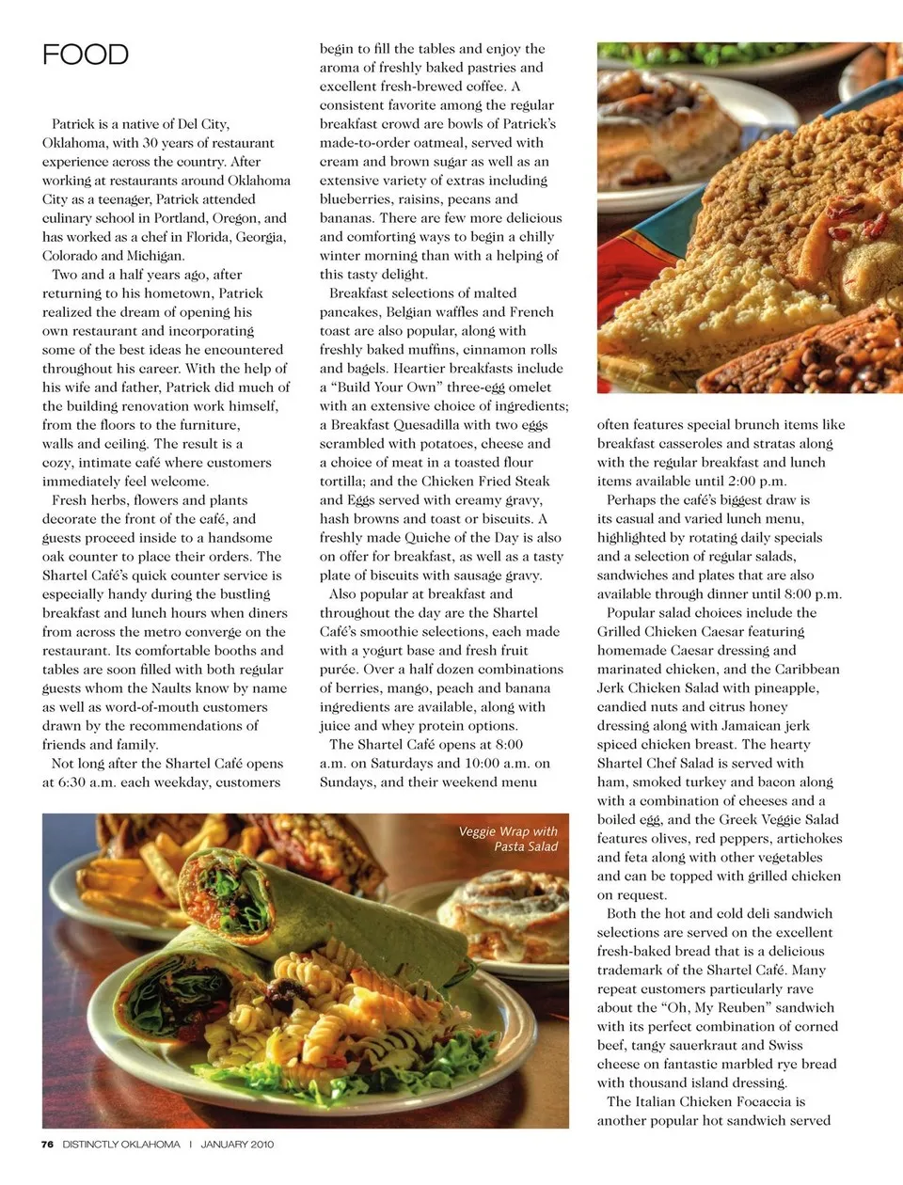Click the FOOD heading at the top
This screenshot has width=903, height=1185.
pos(85,55)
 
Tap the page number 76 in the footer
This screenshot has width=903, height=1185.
pos(47,1145)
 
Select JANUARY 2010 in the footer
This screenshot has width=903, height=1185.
pos(237,1145)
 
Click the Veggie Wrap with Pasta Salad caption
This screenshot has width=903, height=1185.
pos(509,839)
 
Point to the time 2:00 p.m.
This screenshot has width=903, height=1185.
pos(752,482)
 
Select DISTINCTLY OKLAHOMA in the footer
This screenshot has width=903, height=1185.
pos(121,1145)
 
